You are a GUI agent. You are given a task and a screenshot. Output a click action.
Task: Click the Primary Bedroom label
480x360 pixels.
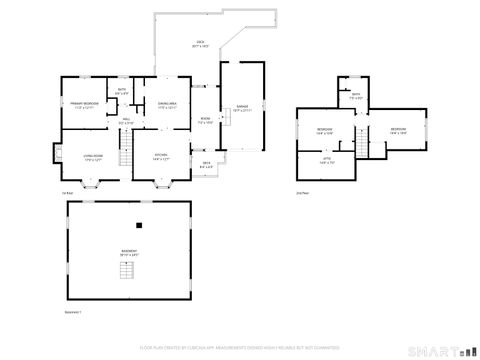click(82, 105)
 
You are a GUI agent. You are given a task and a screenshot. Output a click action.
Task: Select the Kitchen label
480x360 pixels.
click(161, 156)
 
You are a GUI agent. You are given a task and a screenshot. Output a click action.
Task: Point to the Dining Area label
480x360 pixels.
click(166, 104)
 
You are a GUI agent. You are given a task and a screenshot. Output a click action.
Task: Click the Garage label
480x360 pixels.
click(243, 111)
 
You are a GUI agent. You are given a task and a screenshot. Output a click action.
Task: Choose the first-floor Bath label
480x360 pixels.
click(122, 92)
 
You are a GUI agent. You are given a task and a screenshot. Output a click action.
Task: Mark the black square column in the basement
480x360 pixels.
click(142, 223)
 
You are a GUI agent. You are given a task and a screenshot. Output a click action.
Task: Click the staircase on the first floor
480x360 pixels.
click(126, 154)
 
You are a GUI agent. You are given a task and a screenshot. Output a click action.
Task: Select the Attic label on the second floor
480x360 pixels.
click(326, 159)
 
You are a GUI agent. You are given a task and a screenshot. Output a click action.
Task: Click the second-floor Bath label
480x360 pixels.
click(356, 98)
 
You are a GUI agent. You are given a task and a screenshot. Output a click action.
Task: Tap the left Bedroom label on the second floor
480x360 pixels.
click(325, 131)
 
